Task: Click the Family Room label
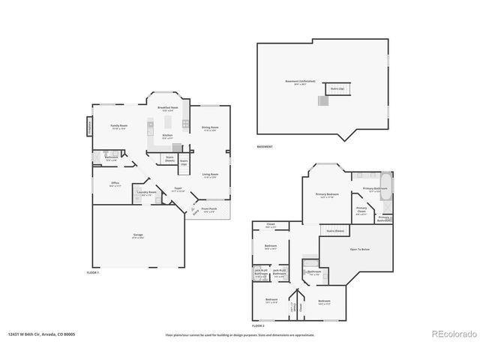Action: click(x=118, y=127)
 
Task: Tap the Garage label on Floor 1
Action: click(x=139, y=235)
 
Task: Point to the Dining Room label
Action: click(x=210, y=128)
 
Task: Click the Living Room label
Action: click(x=210, y=175)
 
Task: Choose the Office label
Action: click(x=115, y=184)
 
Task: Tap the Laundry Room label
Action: click(x=147, y=193)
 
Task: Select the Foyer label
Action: click(x=178, y=189)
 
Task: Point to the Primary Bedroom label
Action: click(x=326, y=195)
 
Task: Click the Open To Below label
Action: click(x=360, y=249)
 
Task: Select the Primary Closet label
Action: click(x=361, y=209)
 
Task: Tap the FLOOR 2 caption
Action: click(x=259, y=327)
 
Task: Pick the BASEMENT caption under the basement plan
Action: click(x=265, y=147)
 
